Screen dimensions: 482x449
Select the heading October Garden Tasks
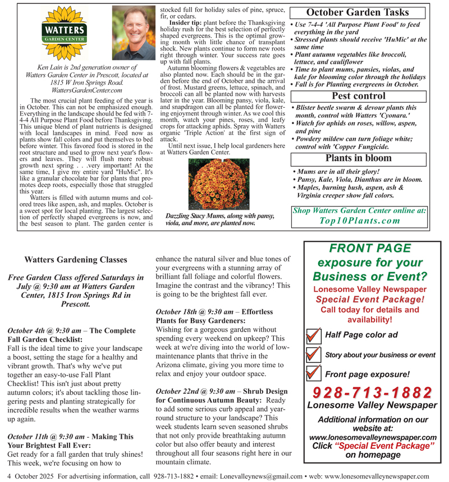click(x=357, y=12)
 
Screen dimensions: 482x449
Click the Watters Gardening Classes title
click(x=76, y=260)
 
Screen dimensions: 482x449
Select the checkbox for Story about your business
click(x=312, y=355)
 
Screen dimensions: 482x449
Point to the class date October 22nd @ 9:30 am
click(x=195, y=391)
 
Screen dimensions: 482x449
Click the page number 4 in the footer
click(x=4, y=476)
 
